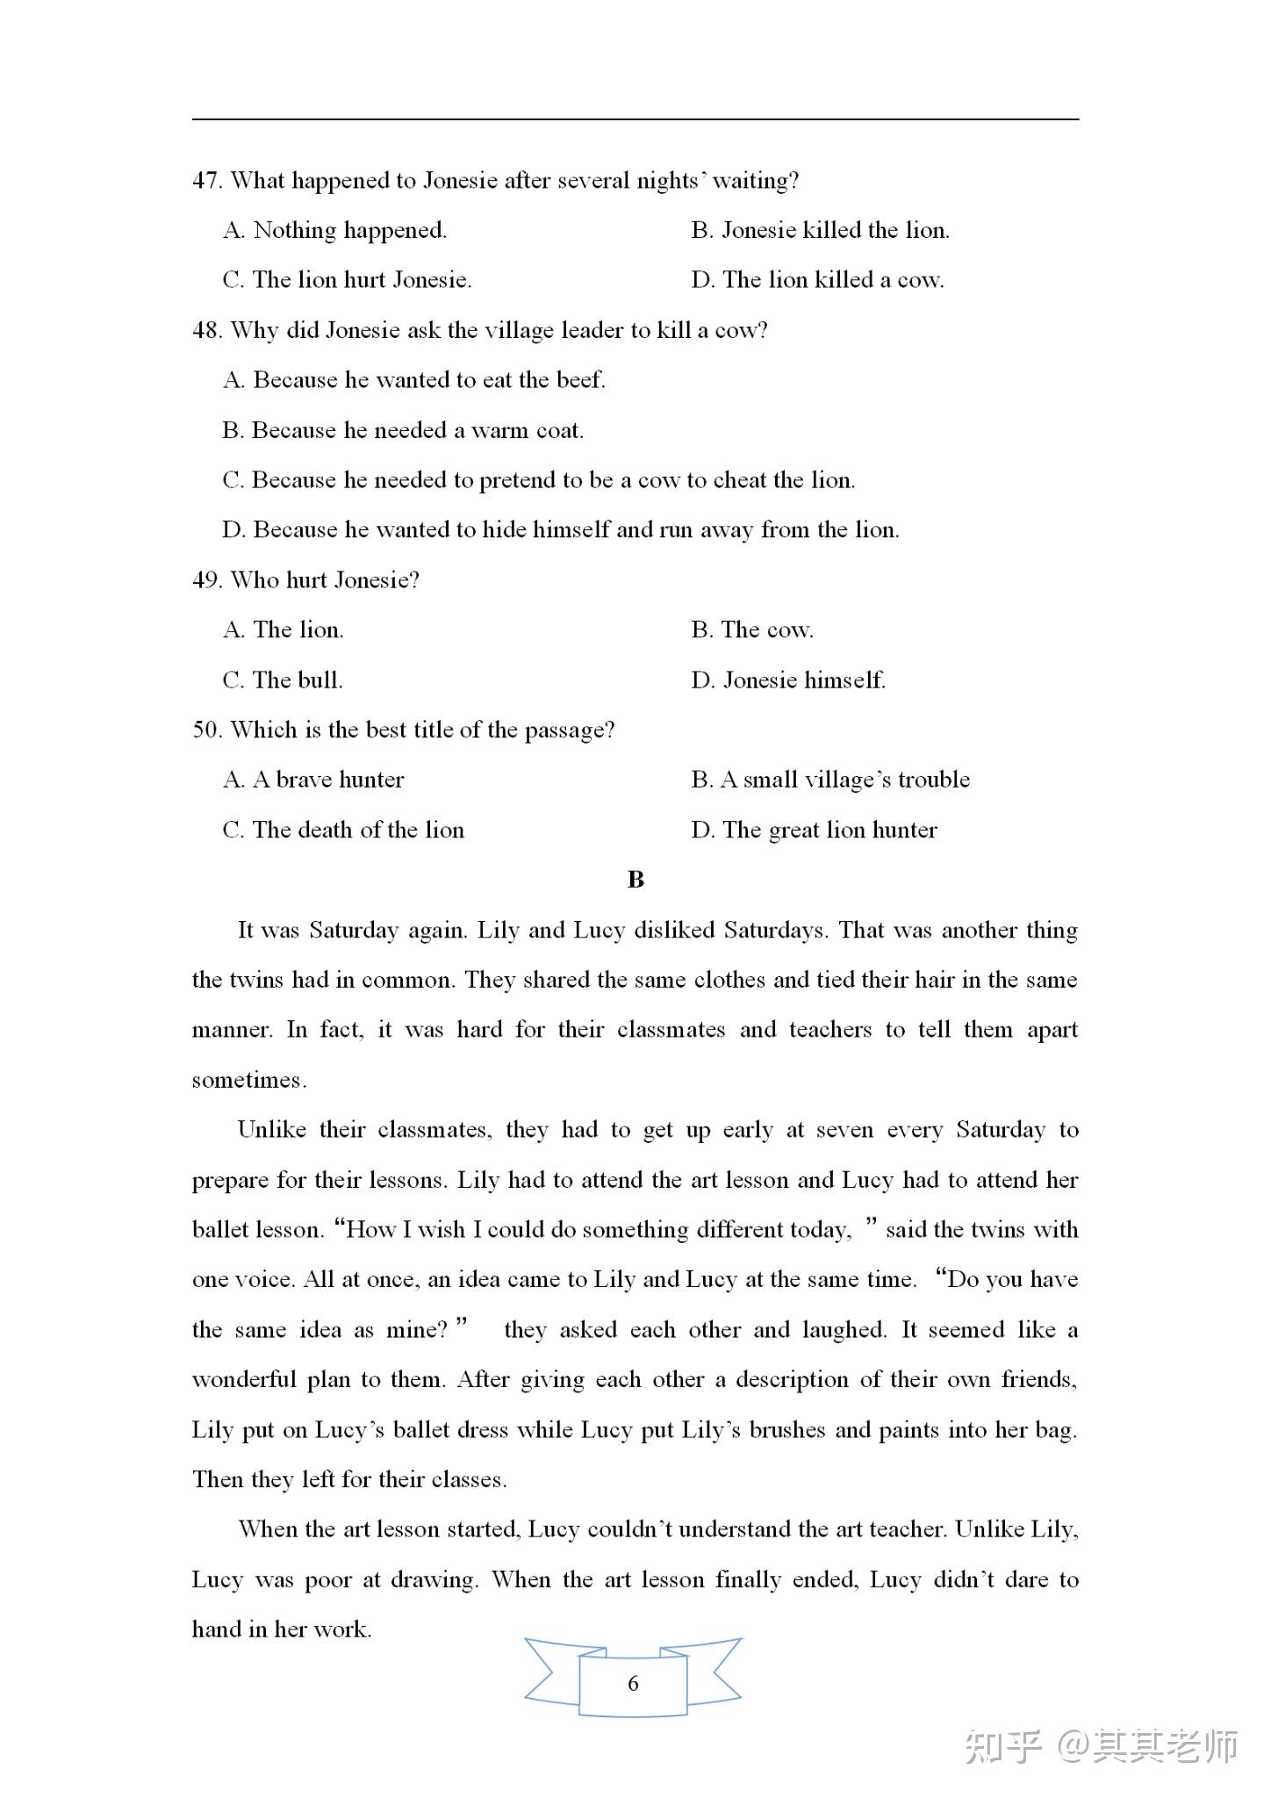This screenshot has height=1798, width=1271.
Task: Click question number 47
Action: point(206,181)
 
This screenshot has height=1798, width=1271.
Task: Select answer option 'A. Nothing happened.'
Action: point(334,231)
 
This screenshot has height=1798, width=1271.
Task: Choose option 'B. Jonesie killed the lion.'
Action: point(820,231)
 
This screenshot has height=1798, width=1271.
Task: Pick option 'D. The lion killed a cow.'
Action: point(817,281)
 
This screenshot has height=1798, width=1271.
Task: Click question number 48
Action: point(206,331)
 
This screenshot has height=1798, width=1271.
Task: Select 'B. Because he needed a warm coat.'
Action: point(403,431)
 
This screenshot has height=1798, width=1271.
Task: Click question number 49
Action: point(206,580)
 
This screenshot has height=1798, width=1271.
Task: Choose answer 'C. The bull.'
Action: point(283,680)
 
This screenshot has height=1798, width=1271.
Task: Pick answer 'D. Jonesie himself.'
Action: point(788,680)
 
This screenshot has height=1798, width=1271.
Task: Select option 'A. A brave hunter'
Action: point(313,780)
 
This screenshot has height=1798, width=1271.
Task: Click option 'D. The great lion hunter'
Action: point(814,831)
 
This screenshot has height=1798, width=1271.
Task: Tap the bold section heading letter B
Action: point(635,880)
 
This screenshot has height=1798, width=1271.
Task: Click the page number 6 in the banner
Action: point(633,1683)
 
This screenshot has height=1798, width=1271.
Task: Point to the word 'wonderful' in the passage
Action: point(244,1380)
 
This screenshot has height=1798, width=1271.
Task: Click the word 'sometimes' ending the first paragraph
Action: point(248,1080)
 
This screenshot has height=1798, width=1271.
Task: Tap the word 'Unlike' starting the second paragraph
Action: point(271,1130)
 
